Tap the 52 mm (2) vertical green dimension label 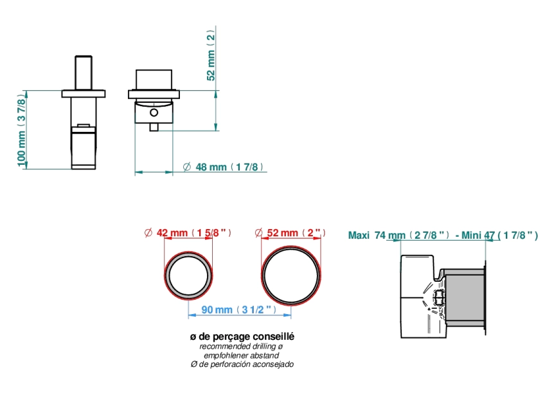tap(211, 55)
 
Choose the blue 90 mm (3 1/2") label tap(239, 310)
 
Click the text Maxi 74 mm tap(377, 236)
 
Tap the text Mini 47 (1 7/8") tap(500, 236)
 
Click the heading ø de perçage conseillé tap(242, 337)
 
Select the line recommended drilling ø tap(241, 346)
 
